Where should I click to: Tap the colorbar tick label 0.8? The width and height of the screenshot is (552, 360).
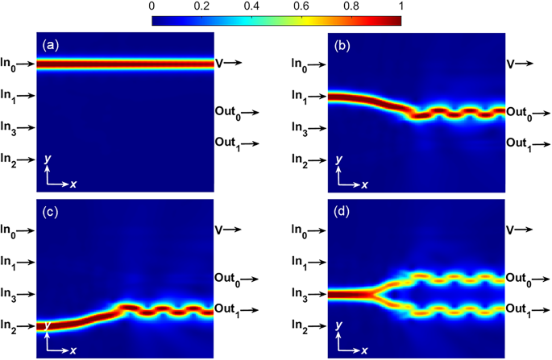coord(351,6)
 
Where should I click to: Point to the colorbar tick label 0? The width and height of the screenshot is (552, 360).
coord(152,6)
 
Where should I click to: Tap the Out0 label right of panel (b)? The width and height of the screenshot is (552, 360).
coord(517,112)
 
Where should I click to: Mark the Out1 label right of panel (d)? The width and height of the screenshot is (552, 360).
coord(517,309)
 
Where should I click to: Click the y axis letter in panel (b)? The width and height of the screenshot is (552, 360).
coord(338,159)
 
